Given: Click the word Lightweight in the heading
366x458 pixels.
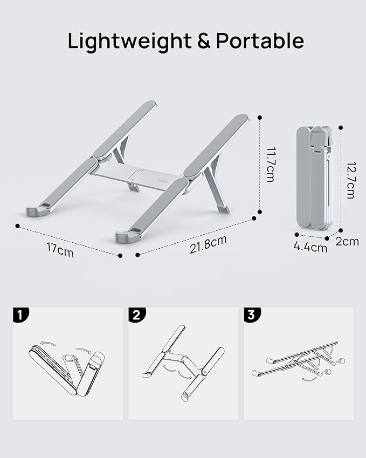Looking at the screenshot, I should [129, 42].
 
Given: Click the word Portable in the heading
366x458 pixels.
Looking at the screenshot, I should [260, 42].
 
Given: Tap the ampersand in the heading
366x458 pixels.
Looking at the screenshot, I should [204, 42].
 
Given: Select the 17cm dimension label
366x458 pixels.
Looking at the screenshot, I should [60, 250].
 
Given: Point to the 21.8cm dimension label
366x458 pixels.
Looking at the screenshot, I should [208, 244].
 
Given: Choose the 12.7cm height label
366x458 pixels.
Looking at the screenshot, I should [350, 180].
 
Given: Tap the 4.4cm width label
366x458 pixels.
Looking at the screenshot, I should [310, 248].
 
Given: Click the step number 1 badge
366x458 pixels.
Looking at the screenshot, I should [19, 315].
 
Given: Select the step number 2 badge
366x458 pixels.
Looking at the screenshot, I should [135, 315].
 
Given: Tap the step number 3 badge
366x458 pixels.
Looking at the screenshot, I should [251, 315].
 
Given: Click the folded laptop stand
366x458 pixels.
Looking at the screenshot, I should [314, 178].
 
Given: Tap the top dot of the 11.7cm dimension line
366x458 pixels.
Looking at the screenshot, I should [260, 117].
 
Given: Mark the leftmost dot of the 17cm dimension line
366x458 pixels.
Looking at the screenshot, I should [18, 226].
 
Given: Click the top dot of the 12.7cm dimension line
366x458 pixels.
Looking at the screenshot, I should [341, 127].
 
